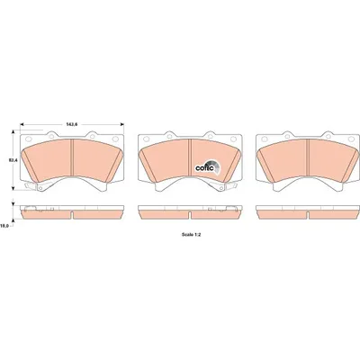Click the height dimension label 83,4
click(x=13, y=160)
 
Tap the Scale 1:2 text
click(x=191, y=235)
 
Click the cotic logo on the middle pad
click(x=208, y=166)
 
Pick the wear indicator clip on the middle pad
click(x=219, y=186)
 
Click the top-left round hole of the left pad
click(x=29, y=139)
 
